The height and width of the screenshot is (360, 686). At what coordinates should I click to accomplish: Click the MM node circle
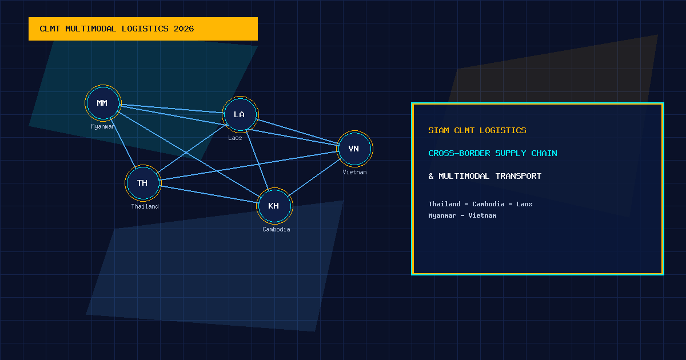coord(103,103)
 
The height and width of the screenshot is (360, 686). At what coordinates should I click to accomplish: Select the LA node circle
coord(240,114)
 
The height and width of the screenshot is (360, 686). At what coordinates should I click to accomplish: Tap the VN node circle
coord(354,149)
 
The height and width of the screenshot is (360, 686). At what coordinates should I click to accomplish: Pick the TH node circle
coord(143,183)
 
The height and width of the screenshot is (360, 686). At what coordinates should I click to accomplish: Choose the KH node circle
coord(274,206)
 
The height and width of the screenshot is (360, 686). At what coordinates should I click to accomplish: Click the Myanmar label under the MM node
coord(102,126)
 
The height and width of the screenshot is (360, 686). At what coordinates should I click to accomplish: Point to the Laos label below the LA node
coord(235,138)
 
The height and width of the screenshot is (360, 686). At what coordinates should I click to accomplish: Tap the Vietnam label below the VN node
coord(354,172)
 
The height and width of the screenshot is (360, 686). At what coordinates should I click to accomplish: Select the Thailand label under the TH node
coord(145,206)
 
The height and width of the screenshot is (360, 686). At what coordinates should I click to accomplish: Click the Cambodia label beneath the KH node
coord(276,229)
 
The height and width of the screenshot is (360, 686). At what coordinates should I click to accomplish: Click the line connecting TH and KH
coord(209,194)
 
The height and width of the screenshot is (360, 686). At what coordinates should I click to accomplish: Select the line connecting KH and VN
coord(314,177)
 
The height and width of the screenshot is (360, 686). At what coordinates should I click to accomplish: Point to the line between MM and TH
coord(123,143)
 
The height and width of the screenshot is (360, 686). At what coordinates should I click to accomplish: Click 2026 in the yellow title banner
coord(184,29)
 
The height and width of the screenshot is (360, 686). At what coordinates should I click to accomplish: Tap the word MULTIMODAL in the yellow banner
coord(91,29)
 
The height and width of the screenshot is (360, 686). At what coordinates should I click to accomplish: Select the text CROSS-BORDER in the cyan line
coord(459,153)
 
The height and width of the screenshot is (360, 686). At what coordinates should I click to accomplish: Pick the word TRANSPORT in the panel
coord(518,176)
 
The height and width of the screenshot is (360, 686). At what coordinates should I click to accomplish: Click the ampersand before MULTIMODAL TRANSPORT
coord(431,176)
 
